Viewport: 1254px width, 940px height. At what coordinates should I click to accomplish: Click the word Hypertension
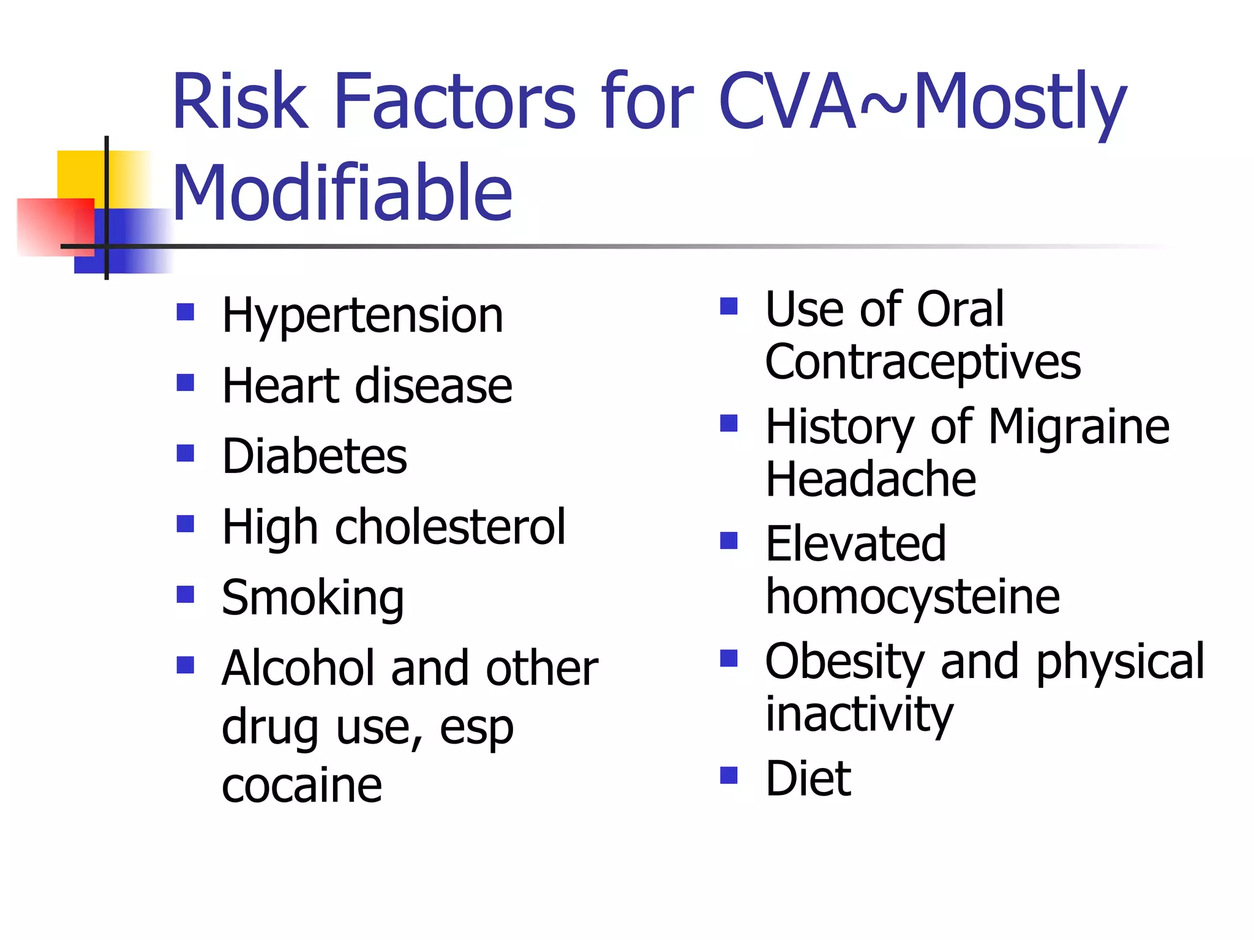point(362,316)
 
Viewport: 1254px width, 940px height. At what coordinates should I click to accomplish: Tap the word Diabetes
point(314,457)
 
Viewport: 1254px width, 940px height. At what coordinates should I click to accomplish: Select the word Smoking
point(312,598)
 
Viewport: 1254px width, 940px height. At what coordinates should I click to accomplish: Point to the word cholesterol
point(450,527)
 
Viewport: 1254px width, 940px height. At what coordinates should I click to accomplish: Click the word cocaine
point(302,785)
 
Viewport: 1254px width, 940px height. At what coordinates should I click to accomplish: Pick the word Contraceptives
point(923,362)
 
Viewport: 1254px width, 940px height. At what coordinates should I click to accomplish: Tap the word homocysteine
point(912,597)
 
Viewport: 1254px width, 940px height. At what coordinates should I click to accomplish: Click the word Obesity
point(845,662)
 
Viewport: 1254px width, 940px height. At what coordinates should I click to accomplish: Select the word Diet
point(808,778)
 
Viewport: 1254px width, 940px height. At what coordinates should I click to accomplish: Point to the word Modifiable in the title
point(342,193)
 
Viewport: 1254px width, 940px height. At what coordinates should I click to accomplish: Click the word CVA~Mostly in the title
point(922,102)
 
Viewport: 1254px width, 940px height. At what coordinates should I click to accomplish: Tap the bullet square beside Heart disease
point(185,383)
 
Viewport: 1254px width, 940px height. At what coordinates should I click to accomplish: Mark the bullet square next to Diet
point(729,775)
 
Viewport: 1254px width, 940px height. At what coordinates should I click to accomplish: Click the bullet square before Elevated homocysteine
point(729,540)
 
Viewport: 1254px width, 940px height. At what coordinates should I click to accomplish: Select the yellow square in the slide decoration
point(80,174)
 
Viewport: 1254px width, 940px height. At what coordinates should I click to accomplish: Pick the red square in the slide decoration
point(55,226)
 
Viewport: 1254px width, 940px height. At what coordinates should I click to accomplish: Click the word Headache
point(870,479)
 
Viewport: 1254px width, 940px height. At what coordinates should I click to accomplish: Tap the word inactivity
point(859,714)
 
